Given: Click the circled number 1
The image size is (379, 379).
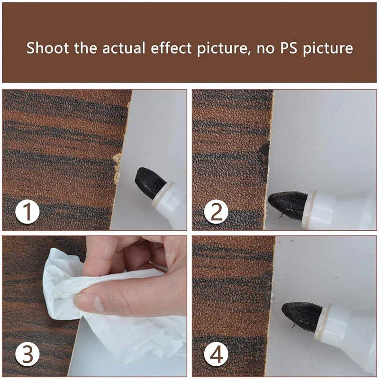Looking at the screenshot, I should point(27,212).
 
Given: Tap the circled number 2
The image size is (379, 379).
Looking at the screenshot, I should point(216,212).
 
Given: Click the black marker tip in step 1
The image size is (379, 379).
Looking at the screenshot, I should point(149,182).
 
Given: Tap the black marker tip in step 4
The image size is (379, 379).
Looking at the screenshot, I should point(301,316).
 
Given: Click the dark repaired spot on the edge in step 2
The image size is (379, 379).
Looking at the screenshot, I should point(264,156).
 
